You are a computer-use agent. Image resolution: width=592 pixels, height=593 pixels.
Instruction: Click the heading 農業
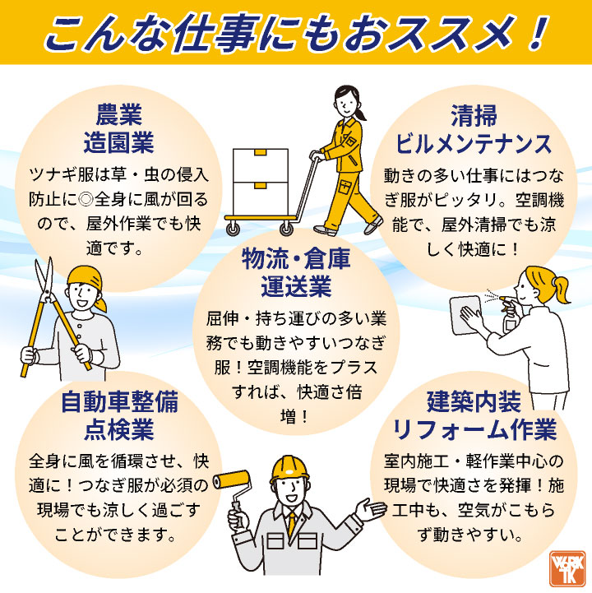coord(118,114)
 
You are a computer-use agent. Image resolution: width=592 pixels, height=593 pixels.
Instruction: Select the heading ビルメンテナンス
coord(474,144)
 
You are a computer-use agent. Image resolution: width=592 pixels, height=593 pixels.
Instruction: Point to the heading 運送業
coord(296,286)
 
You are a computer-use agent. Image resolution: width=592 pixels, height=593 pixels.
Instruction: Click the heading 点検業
coord(118,429)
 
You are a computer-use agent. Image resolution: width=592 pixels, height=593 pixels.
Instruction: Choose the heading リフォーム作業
coord(474,429)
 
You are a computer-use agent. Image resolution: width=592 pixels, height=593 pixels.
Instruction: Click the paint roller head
coord(231,480)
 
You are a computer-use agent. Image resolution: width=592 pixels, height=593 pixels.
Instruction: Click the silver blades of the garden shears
coord(44,280)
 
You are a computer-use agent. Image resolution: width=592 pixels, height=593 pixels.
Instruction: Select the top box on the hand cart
coord(261,165)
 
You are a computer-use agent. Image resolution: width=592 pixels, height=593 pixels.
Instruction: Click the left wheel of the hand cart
coord(233,229)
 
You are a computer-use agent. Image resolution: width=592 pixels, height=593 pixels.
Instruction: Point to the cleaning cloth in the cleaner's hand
coord(465,315)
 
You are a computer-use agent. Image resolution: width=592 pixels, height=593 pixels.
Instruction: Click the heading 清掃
coord(474,116)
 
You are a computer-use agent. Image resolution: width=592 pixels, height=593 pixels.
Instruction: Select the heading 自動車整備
coord(118,401)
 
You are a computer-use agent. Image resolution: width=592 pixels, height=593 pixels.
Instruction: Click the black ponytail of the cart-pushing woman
coord(360,113)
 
